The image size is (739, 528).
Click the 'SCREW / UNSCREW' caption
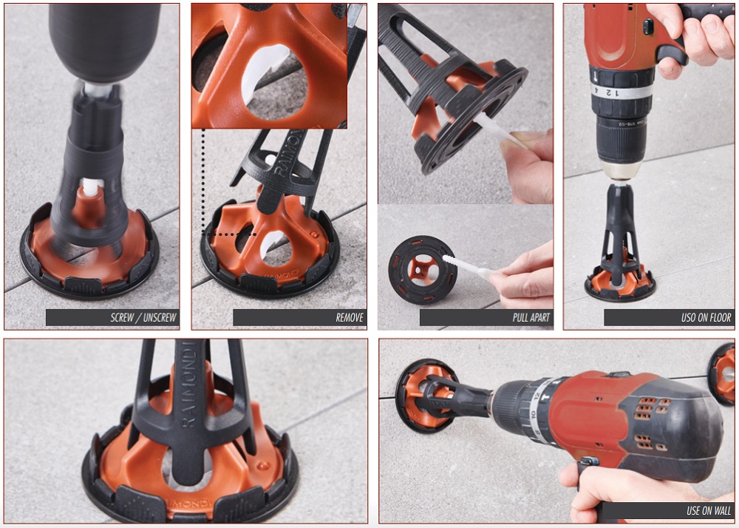[x=144, y=318]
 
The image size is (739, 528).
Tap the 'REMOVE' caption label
[x=350, y=318]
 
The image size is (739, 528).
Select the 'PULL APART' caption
[x=531, y=318]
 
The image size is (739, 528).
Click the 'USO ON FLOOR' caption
[x=706, y=318]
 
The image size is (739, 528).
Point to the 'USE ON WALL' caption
[x=709, y=510]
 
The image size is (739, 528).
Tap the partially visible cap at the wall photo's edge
[x=722, y=374]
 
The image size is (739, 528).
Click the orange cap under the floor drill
[x=620, y=277]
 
